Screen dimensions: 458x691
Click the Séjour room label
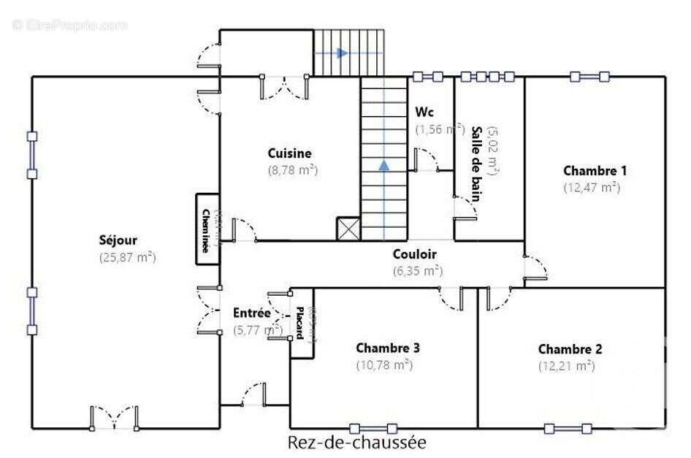point(118,240)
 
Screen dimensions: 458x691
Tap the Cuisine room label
point(289,153)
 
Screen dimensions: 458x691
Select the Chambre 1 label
point(595,171)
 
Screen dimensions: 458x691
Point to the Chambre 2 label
point(570,349)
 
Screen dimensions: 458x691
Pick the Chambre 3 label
point(387,348)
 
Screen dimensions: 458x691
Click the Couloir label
point(414,254)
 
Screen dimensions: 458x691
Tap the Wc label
point(424,112)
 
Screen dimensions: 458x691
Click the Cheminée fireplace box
point(207,229)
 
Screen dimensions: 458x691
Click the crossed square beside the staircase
point(348,229)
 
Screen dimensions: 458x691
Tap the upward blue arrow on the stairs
point(383,165)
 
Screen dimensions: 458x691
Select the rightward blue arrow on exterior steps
point(341,53)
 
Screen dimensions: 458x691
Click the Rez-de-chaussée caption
point(356,443)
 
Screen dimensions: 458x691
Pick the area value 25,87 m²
point(128,257)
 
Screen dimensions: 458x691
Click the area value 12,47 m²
point(591,187)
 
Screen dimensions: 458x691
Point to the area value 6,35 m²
point(417,270)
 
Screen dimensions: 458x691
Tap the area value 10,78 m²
point(384,365)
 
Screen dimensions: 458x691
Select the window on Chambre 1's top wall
point(589,77)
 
